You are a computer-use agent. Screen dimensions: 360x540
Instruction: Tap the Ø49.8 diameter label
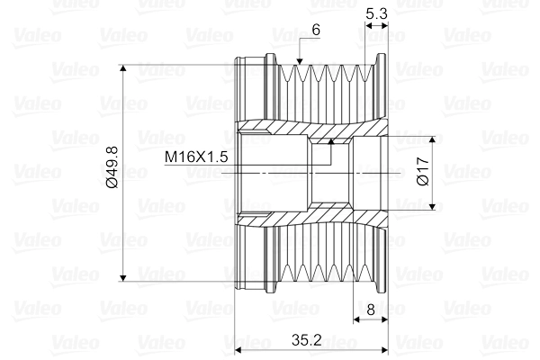(x=111, y=171)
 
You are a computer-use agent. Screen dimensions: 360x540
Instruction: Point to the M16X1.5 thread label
(x=196, y=157)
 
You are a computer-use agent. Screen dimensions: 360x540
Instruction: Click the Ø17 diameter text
(x=423, y=171)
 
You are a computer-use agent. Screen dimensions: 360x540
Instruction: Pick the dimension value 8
(x=370, y=309)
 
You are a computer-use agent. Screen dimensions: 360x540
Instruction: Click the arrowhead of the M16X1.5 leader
(x=330, y=139)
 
